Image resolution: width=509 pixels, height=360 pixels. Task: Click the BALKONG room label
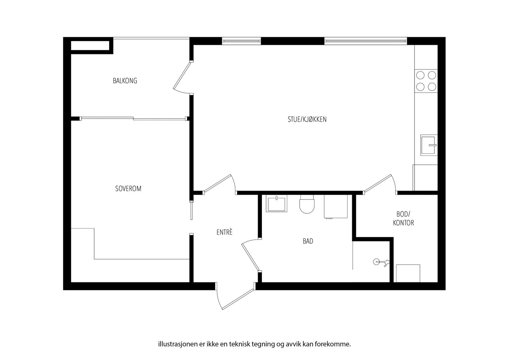coord(125,81)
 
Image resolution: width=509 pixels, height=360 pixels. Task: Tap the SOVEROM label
coord(128,189)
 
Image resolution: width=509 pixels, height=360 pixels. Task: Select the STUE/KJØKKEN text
coord(307,120)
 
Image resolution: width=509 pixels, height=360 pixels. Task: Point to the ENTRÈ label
coord(225,232)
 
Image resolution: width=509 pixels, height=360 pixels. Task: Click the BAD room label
coord(308,241)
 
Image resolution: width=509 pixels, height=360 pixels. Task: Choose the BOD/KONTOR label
coord(403,218)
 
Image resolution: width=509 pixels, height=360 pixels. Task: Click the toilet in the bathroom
coord(307,205)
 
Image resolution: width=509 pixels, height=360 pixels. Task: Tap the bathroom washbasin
coord(277,204)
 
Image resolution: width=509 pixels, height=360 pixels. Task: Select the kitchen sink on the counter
coord(429,145)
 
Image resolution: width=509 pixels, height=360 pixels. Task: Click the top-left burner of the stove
coord(421,75)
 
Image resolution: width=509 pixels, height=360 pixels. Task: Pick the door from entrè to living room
coord(219,184)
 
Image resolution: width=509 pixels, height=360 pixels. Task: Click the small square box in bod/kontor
coord(408,273)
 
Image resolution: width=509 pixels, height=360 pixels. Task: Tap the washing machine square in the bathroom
coord(336,206)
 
